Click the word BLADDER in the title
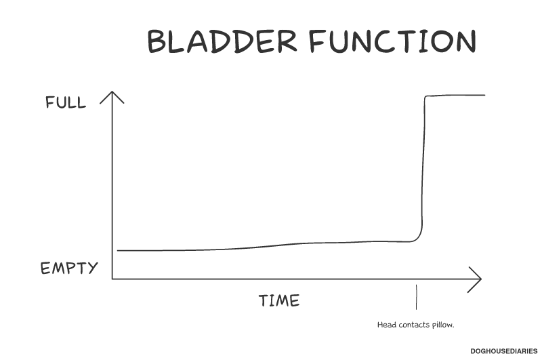coord(222,41)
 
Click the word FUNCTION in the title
coord(393,41)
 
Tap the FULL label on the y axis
coord(66,102)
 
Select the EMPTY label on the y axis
coord(69,268)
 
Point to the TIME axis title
coord(279,300)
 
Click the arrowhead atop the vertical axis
coord(112,97)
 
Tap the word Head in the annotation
coord(386,325)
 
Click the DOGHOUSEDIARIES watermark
coord(503,351)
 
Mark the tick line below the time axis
coord(417,297)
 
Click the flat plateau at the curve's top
coord(455,95)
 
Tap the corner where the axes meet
coord(112,279)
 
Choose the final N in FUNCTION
coord(466,41)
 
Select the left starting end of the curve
coord(118,250)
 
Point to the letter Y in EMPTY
coord(92,268)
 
